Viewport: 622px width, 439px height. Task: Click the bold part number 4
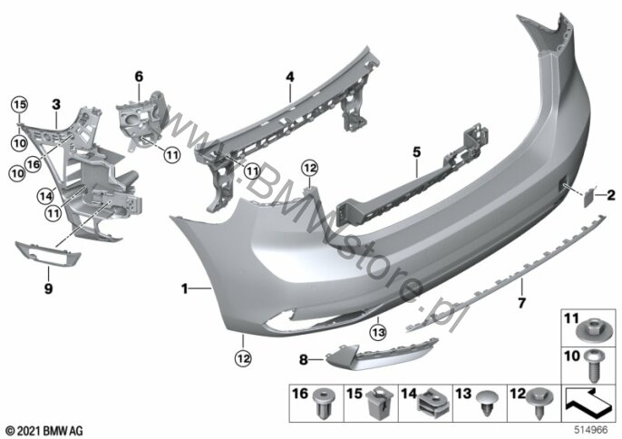point(290,76)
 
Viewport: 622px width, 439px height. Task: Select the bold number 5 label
point(416,151)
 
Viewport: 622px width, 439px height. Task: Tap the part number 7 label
point(521,303)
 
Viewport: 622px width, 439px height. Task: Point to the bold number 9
point(48,288)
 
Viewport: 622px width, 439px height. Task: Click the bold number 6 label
point(139,76)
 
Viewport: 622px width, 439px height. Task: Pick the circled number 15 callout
point(19,104)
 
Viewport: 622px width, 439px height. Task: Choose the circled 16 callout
point(34,163)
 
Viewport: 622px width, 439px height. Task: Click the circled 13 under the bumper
point(378,332)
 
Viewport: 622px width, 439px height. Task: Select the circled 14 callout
point(45,195)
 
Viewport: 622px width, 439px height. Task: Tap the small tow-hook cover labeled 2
point(588,197)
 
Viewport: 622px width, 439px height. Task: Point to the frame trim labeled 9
point(48,254)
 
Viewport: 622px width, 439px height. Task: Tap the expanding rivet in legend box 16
point(324,403)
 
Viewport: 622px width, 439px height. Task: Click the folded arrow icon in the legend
point(588,403)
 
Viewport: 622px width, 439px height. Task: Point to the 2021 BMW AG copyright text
point(44,430)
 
